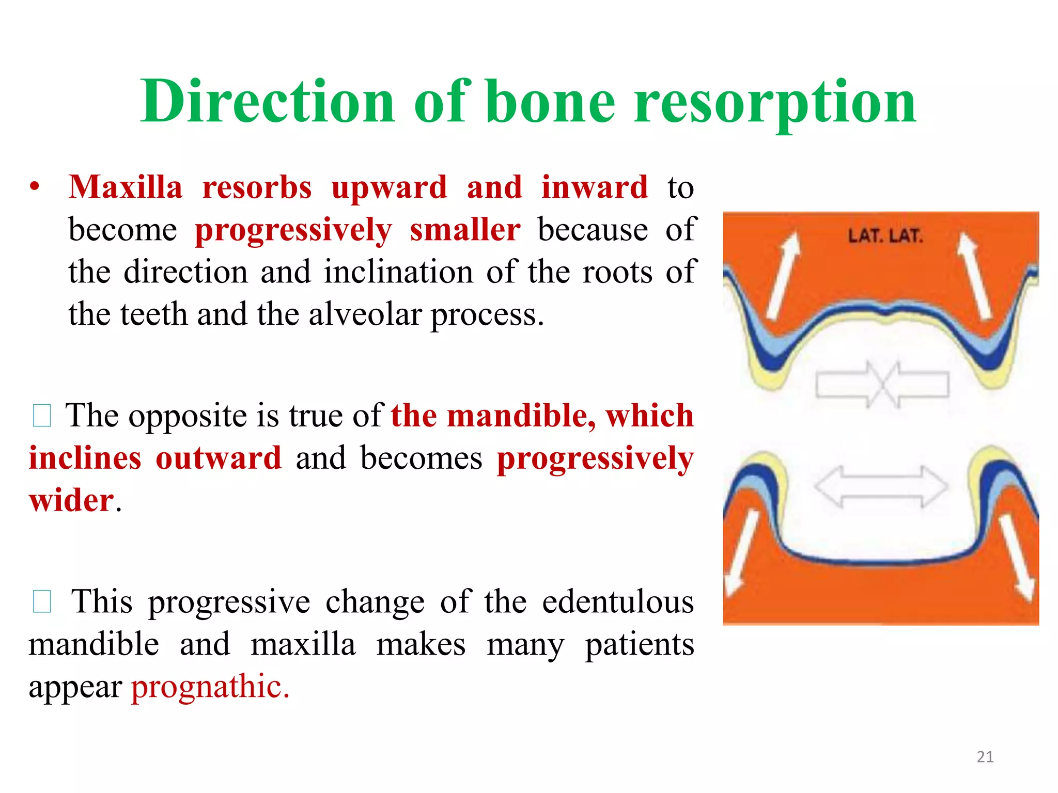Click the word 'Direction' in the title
coord(268,101)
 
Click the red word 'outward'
coord(219,458)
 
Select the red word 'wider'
coord(71,500)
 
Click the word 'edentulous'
coord(618,601)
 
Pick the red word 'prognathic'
coord(210,687)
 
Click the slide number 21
coord(985,757)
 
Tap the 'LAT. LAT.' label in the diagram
coord(885,236)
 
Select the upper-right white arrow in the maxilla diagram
coord(974,276)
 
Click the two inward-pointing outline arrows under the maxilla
coord(882,385)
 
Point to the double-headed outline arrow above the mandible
coord(881,486)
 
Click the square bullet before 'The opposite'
coord(41,416)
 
